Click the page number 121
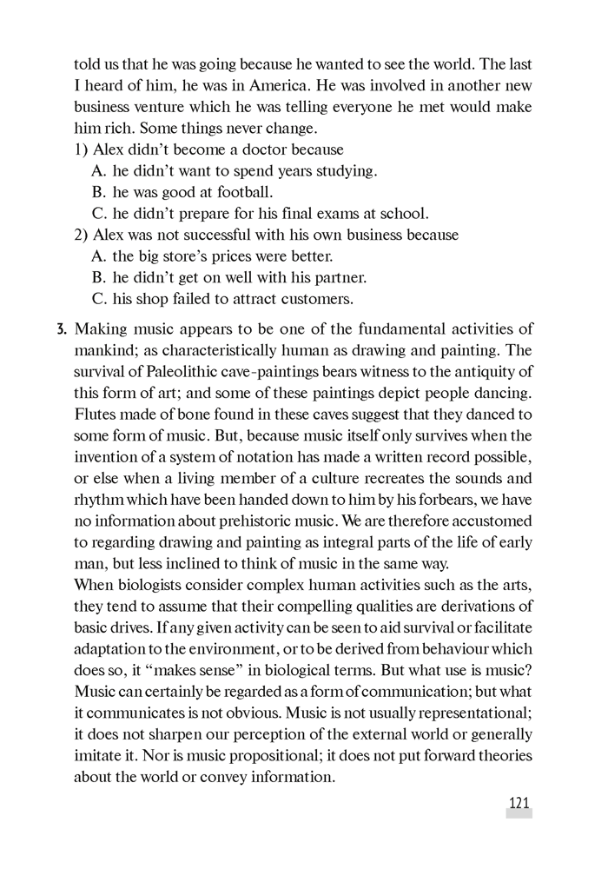click(x=519, y=803)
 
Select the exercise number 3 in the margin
click(x=60, y=329)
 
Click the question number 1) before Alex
click(x=81, y=149)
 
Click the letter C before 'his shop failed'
click(x=99, y=299)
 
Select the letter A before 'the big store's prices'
click(x=99, y=256)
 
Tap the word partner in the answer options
click(x=339, y=278)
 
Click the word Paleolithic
click(x=179, y=372)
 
